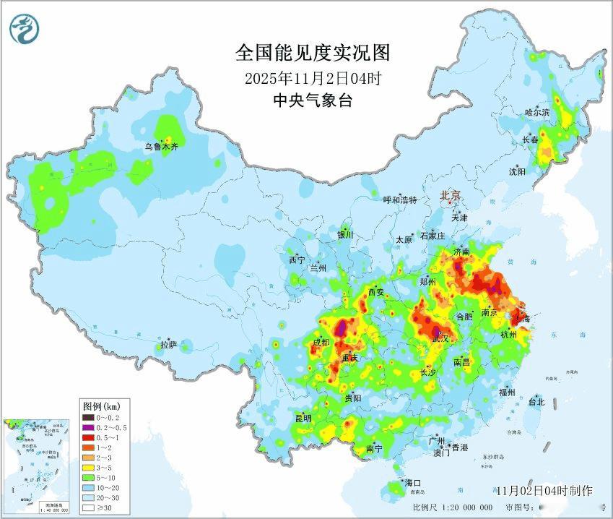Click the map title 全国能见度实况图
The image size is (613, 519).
point(313,53)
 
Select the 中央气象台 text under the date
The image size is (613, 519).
point(312,100)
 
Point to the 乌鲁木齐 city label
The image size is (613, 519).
point(160,147)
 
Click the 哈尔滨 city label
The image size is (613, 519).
point(537,112)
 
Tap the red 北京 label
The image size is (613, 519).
point(451,195)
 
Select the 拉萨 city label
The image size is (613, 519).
point(168,345)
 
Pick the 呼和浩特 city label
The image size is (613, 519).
point(399,200)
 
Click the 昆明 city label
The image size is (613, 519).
point(303,419)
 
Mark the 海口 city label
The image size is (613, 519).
point(412,482)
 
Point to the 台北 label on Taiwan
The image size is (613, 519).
point(536,402)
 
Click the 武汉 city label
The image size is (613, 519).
point(440,338)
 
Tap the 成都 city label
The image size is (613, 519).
point(323,343)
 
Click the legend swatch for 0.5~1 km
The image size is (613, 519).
point(89,437)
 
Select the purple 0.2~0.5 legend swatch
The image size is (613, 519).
point(89,427)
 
